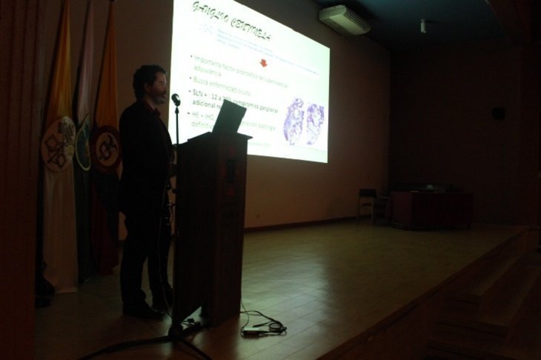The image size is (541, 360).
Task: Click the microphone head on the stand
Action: pos(176,99)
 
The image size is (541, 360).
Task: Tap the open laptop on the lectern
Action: pos(228,118)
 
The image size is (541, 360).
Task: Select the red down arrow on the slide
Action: pos(263,63)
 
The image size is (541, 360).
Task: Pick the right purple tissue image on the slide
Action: pos(315,122)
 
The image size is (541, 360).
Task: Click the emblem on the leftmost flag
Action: pos(58,144)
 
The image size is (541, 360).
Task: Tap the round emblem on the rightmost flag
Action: pos(107,149)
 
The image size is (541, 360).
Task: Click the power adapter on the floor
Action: pos(252,333)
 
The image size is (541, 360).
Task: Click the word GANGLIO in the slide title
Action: pos(208,13)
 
